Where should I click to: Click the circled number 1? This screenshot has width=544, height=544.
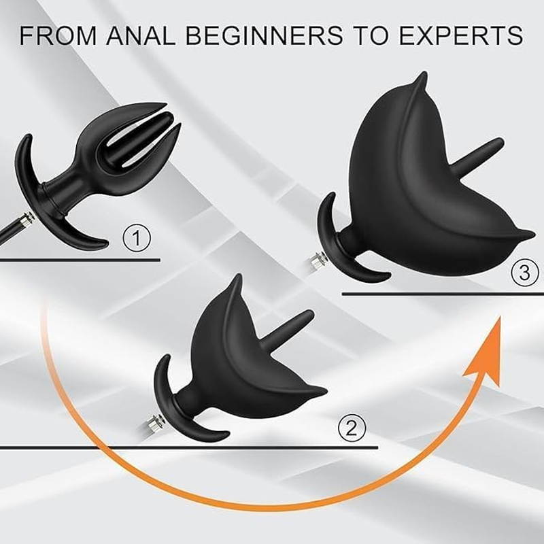(x=137, y=239)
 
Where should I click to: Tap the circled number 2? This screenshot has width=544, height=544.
(x=352, y=428)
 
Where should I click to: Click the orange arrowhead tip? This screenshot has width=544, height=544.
(x=500, y=318)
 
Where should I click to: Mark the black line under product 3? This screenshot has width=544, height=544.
(x=442, y=294)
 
